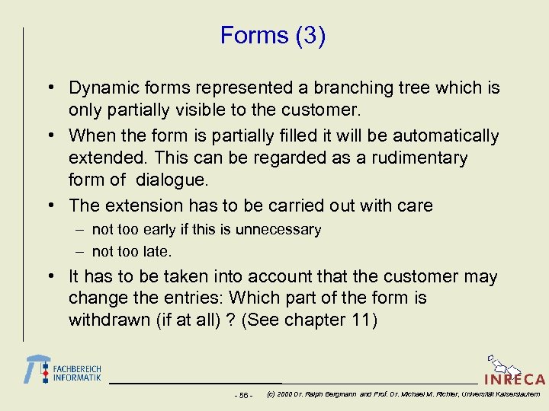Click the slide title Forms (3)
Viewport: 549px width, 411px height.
pos(273,36)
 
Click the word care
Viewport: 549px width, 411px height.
pos(415,205)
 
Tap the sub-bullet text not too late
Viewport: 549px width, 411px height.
pos(132,251)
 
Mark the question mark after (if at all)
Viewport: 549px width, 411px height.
pos(229,320)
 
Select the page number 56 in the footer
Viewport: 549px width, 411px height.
pos(243,395)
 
